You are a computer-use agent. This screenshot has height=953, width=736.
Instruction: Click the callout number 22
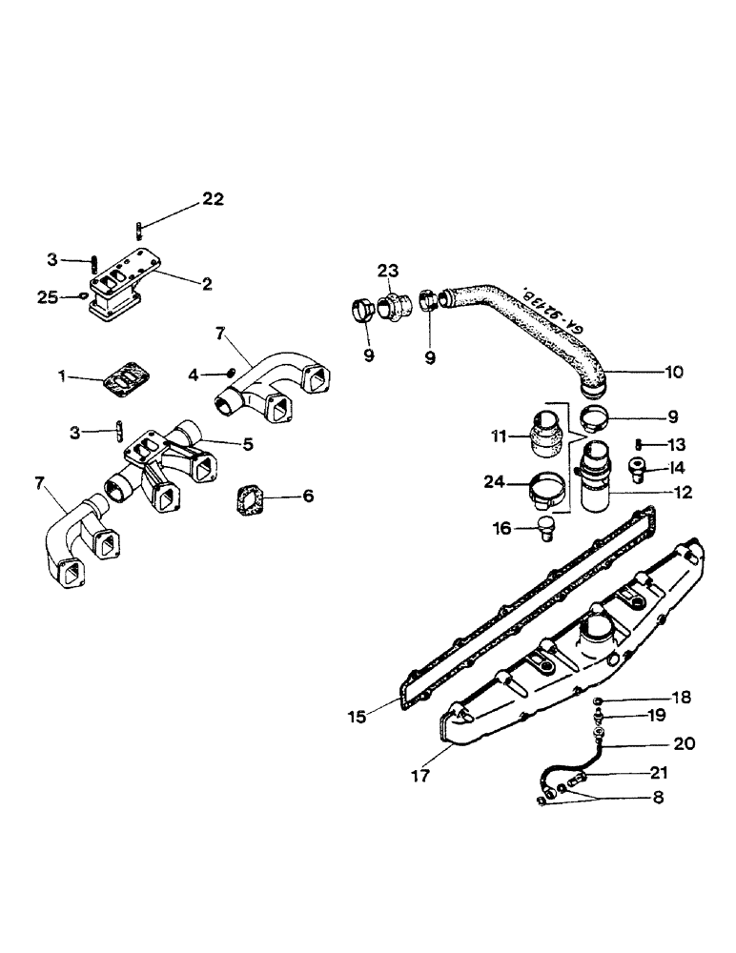pos(212,199)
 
